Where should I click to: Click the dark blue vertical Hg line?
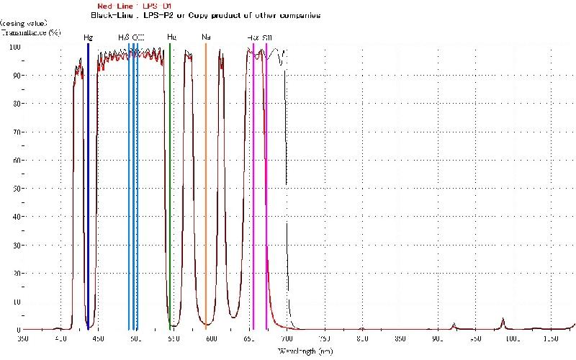coord(88,180)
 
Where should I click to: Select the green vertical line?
coord(170,180)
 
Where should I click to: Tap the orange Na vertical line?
coord(206,180)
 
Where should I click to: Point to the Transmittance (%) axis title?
coord(30,32)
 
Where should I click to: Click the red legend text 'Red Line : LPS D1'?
coord(134,6)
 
